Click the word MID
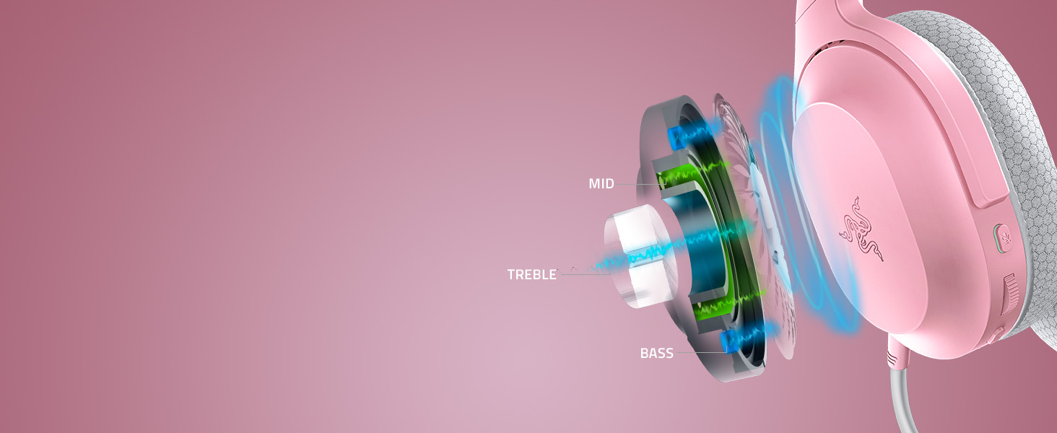coord(601,183)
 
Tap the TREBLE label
coord(532,274)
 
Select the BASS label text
coord(656,354)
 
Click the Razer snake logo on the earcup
coord(861,229)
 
